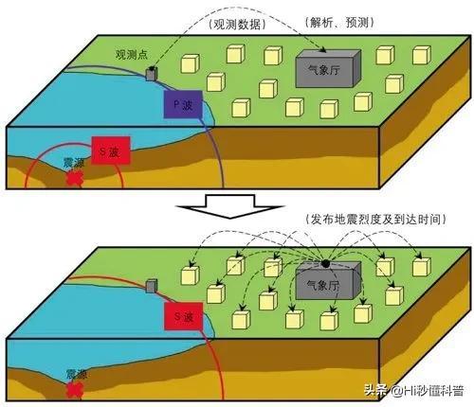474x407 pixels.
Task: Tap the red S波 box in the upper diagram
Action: (x=108, y=150)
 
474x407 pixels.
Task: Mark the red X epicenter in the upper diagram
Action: (x=73, y=178)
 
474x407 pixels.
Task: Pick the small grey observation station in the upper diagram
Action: (x=152, y=73)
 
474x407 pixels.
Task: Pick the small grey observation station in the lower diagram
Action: (x=152, y=284)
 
